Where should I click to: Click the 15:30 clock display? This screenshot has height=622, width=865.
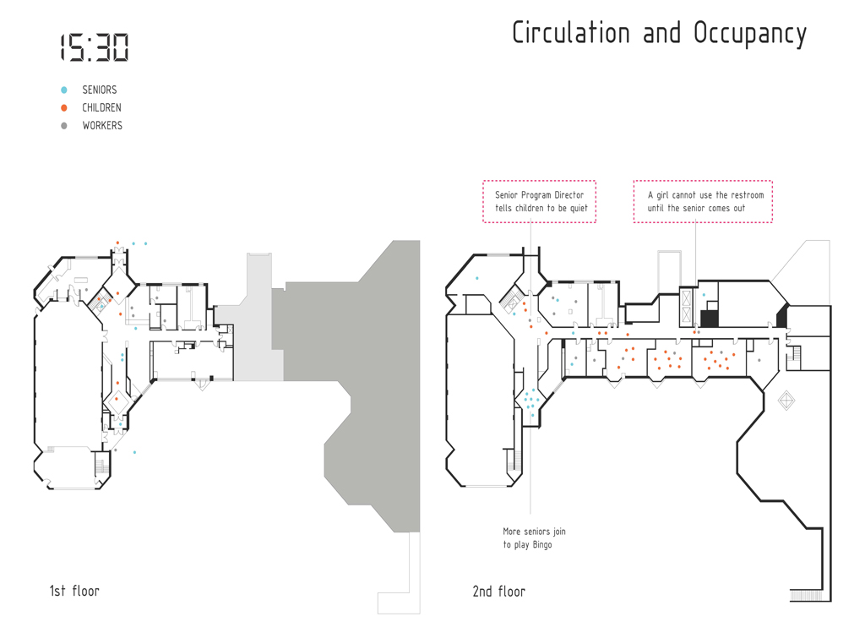point(94,47)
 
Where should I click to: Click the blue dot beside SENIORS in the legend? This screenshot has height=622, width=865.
point(64,90)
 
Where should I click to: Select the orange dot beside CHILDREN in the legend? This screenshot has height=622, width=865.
point(64,107)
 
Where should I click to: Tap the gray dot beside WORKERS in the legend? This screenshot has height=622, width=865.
point(64,126)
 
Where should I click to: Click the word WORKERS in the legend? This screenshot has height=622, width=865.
point(102,126)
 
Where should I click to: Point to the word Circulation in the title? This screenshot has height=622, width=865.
point(570,33)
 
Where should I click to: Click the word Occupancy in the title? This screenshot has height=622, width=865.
point(750,34)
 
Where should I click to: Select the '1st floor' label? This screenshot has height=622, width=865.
point(74,591)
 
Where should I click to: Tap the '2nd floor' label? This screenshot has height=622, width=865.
point(498,592)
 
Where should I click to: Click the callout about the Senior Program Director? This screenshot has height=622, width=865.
point(540,201)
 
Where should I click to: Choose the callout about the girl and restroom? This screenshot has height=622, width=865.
point(703,201)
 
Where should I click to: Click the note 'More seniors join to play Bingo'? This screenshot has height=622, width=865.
point(534,538)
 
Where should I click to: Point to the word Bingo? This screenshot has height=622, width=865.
point(542,545)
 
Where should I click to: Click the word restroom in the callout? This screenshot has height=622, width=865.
point(748,195)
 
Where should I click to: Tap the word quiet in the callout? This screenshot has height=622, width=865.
point(579,208)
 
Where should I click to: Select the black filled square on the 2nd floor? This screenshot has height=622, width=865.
point(710,319)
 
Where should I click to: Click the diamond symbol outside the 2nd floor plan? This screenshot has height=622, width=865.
point(786,400)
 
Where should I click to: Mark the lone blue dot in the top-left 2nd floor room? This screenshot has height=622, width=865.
point(477,278)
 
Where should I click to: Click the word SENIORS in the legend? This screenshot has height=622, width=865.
point(100,90)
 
